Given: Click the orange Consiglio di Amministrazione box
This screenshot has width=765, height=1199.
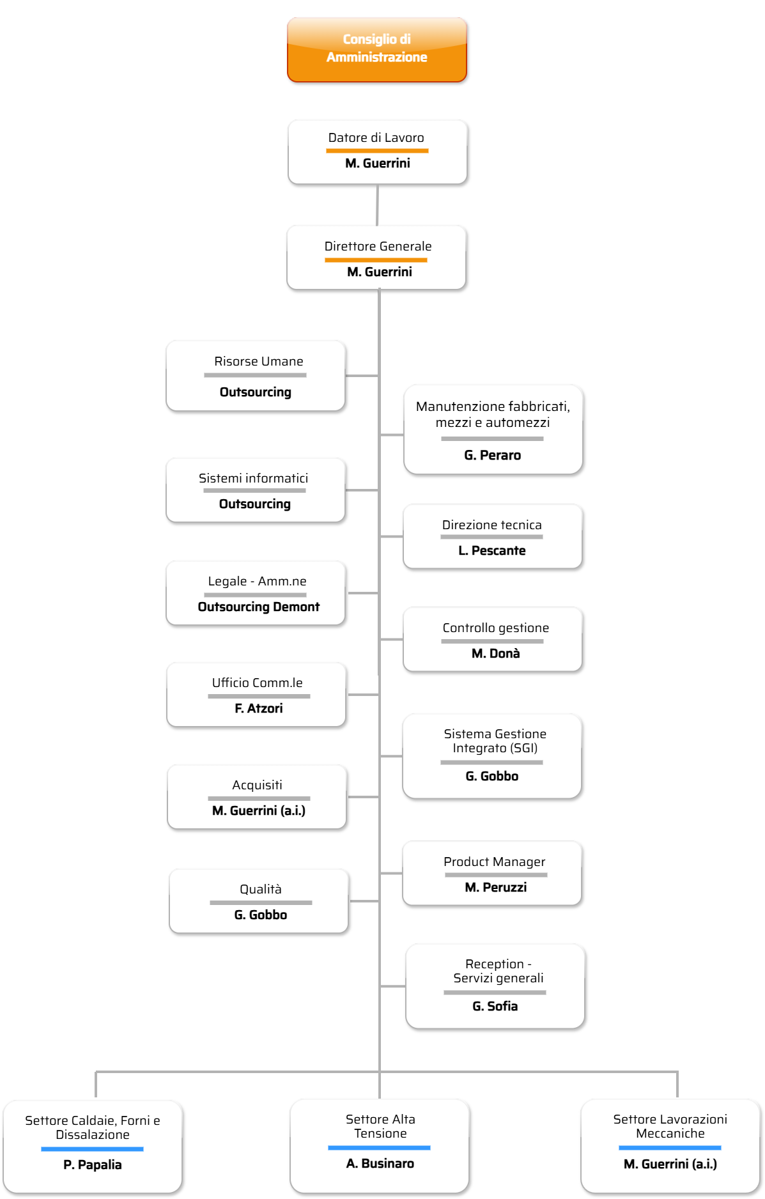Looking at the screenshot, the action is point(377,50).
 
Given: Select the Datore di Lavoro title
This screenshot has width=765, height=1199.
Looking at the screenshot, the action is point(376,137).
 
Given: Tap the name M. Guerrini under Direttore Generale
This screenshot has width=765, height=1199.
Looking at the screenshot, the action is point(380,272).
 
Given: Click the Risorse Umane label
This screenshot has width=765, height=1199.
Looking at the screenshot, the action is point(259,361).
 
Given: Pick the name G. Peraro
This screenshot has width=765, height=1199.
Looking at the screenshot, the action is point(493,455).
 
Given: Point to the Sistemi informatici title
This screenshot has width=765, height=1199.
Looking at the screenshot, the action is point(254,478).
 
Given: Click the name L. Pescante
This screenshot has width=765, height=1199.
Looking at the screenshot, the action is point(492,550).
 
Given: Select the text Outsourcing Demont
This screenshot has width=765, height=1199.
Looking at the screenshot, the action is point(259,607).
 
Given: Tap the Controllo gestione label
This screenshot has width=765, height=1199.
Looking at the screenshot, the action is point(496,628).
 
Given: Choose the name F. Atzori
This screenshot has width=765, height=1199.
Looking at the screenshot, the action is point(259,708).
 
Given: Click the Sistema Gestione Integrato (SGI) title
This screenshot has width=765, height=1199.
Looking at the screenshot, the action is point(495,741).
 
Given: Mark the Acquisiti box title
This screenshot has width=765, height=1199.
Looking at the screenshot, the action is point(258,785).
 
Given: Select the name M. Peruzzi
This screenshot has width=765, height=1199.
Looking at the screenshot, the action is point(496,887).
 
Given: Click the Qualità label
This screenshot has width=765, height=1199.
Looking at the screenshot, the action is point(261,889).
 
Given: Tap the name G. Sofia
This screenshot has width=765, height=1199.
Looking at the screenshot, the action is point(495,1006).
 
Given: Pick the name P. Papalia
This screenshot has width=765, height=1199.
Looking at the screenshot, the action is point(93,1164).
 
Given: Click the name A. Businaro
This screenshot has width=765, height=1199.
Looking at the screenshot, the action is point(380,1163).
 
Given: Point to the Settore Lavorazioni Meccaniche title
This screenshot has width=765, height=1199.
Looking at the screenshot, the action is point(670,1126).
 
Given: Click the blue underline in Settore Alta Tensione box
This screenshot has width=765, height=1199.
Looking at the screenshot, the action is point(379,1148).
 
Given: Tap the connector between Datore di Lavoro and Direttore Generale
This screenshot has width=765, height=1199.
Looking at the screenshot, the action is point(377,205).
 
